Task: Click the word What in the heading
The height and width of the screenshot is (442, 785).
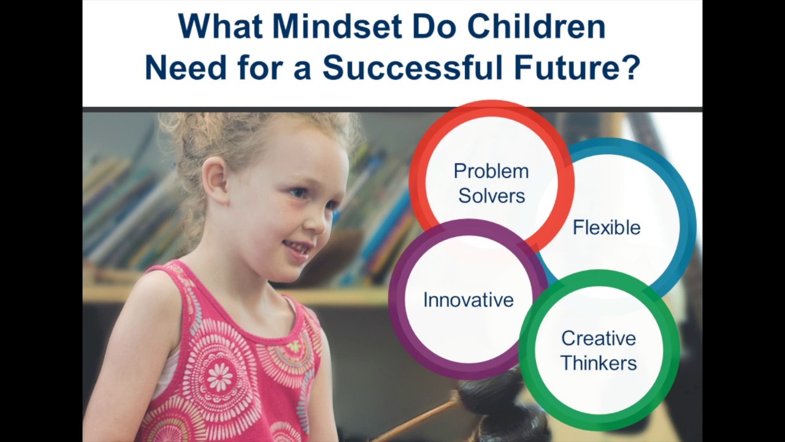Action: (x=220, y=27)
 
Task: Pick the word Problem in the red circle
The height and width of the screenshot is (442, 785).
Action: (x=491, y=171)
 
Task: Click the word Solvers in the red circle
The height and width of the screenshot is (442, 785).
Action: (x=491, y=196)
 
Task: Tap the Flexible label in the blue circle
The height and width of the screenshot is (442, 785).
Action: (x=606, y=228)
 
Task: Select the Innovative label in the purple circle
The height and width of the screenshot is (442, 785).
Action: (x=468, y=300)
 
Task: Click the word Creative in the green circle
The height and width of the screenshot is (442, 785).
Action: (x=598, y=338)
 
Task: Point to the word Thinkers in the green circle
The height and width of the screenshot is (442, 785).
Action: (x=598, y=363)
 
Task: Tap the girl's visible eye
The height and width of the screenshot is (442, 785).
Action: (x=298, y=193)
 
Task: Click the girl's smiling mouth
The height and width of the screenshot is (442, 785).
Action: (x=299, y=247)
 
